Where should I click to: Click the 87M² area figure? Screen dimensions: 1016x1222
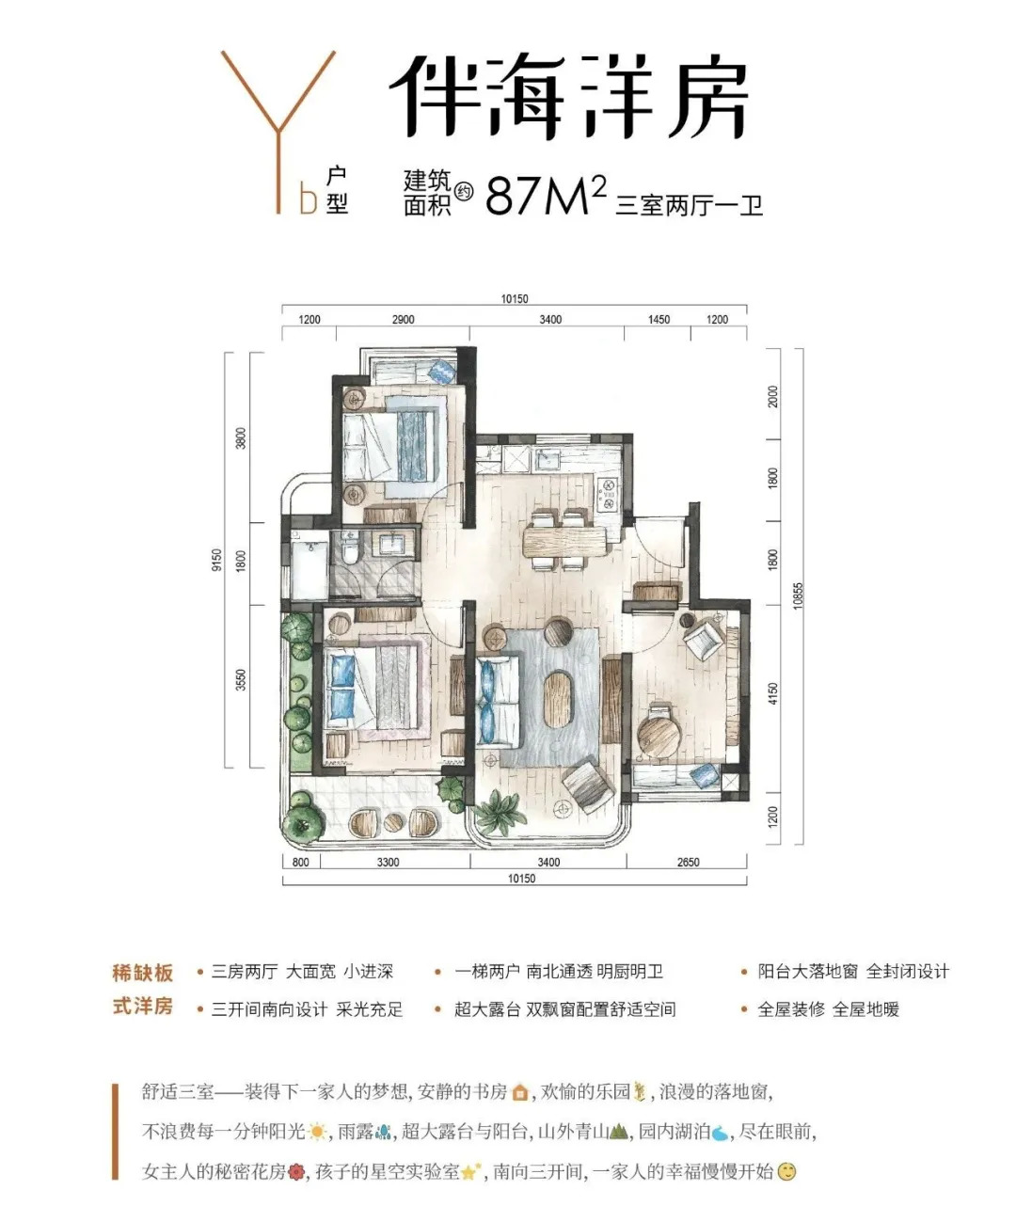(546, 195)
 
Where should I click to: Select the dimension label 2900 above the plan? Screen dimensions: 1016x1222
(403, 320)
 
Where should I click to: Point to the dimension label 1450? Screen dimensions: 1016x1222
(659, 320)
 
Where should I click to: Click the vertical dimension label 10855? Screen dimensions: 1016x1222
(799, 595)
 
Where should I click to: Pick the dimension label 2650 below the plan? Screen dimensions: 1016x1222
(688, 862)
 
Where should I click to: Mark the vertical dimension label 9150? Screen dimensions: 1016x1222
(216, 560)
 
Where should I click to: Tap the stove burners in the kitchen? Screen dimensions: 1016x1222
(608, 493)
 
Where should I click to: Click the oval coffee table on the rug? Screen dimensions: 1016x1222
(559, 699)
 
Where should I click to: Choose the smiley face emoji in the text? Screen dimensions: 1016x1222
(787, 1183)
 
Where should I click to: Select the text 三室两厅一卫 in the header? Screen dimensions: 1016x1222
(689, 205)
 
